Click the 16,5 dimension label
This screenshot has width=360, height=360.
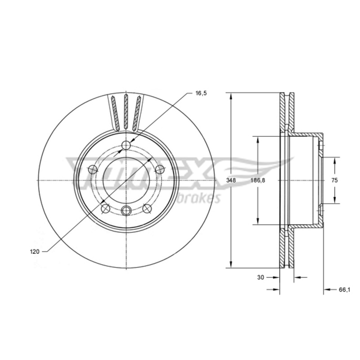tap(201, 93)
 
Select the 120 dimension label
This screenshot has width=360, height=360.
tap(35, 252)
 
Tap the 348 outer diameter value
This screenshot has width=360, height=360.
tap(231, 180)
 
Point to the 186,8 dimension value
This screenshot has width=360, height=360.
tap(257, 180)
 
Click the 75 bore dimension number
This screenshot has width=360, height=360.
tap(335, 180)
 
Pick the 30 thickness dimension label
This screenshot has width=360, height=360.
tap(261, 277)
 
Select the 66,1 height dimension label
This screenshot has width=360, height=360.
tap(344, 290)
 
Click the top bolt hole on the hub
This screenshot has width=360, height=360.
tap(126, 145)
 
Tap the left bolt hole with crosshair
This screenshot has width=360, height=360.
tap(93, 170)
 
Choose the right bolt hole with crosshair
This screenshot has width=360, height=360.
tap(160, 170)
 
